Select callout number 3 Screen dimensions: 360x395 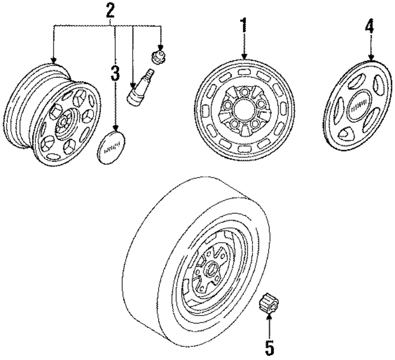[115, 74]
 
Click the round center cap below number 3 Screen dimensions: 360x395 [111, 149]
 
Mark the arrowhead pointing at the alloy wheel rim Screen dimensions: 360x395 [54, 60]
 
